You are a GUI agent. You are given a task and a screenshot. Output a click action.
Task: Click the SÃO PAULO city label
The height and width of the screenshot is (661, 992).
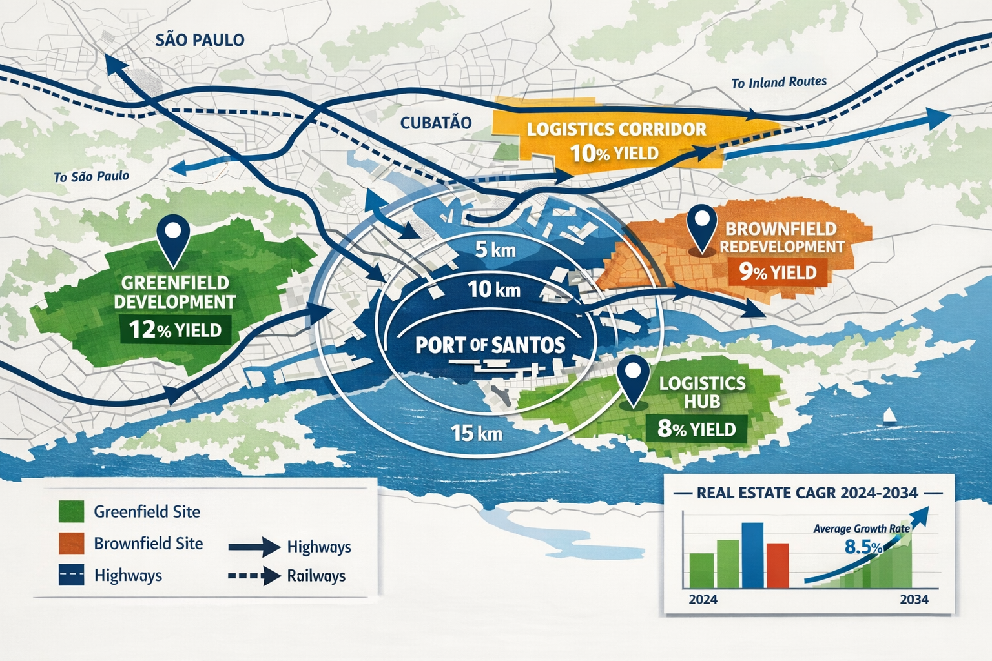pyautogui.click(x=200, y=40)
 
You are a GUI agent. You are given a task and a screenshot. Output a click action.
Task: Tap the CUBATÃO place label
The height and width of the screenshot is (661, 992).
pyautogui.click(x=436, y=123)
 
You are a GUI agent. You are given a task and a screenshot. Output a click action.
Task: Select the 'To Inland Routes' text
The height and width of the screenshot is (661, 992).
pyautogui.click(x=779, y=83)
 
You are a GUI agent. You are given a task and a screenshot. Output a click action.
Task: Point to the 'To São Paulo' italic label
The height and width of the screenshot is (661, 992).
pyautogui.click(x=91, y=176)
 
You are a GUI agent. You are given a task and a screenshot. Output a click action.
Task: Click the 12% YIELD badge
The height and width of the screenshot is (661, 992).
pyautogui.click(x=176, y=330)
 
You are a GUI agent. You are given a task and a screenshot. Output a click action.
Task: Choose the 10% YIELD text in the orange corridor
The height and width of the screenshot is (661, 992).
pyautogui.click(x=614, y=153)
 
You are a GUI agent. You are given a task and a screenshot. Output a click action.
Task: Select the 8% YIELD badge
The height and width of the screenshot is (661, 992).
pyautogui.click(x=696, y=429)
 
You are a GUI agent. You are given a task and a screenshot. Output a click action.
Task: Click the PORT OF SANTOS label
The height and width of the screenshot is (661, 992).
pyautogui.click(x=490, y=345)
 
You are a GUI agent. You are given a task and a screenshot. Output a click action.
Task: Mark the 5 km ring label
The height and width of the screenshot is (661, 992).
pyautogui.click(x=495, y=249)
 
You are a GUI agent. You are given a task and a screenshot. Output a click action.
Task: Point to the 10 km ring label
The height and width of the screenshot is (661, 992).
pyautogui.click(x=494, y=289)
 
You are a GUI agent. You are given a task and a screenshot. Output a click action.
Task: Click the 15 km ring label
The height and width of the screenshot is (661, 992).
pyautogui.click(x=477, y=432)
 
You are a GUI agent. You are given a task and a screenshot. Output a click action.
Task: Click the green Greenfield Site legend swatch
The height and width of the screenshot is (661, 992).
pyautogui.click(x=71, y=511)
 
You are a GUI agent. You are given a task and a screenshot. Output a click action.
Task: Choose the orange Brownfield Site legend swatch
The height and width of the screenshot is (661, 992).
pyautogui.click(x=71, y=544)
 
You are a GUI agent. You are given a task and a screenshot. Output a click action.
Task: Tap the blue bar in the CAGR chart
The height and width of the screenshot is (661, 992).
pyautogui.click(x=752, y=555)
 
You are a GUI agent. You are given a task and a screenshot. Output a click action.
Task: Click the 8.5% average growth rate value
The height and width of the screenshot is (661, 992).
pyautogui.click(x=863, y=547)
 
